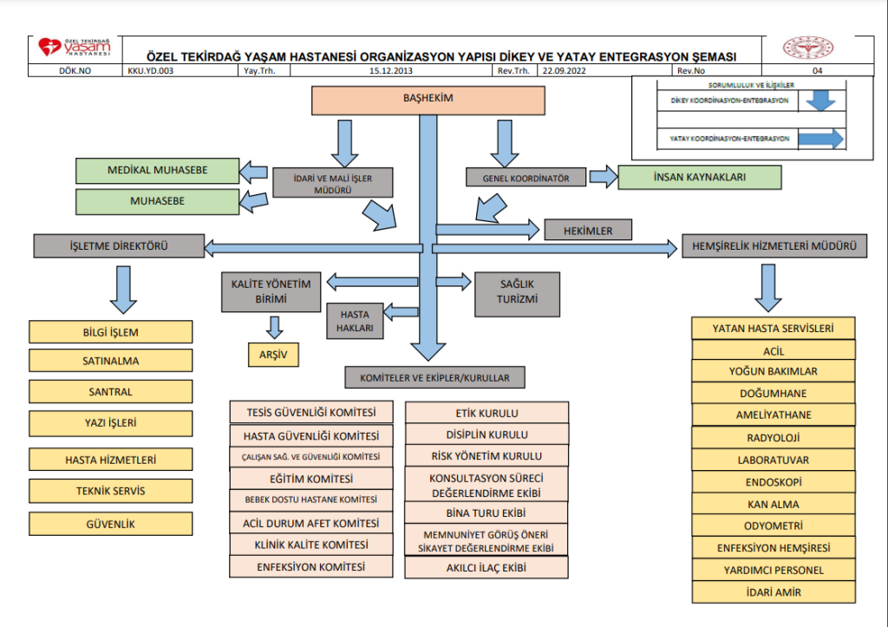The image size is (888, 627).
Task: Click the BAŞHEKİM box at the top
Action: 428,101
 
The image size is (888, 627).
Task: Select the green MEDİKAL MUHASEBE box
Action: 157,171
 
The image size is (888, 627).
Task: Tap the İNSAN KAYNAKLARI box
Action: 699,177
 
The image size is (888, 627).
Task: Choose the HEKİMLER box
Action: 588,230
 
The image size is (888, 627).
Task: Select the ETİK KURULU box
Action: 486,414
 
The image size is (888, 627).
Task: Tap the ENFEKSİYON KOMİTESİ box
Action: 311,567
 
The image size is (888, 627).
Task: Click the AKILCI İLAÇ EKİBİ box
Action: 486,568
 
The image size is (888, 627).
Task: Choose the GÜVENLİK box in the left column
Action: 110,524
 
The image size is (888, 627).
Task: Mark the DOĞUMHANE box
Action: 773,394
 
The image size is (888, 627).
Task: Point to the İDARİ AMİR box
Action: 773,592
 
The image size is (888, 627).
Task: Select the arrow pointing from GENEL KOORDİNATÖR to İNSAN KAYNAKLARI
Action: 602,177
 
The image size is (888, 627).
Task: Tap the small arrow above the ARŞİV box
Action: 275,327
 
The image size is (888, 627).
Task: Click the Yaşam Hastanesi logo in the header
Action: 75,49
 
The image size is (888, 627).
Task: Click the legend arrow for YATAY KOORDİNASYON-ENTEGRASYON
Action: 820,138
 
